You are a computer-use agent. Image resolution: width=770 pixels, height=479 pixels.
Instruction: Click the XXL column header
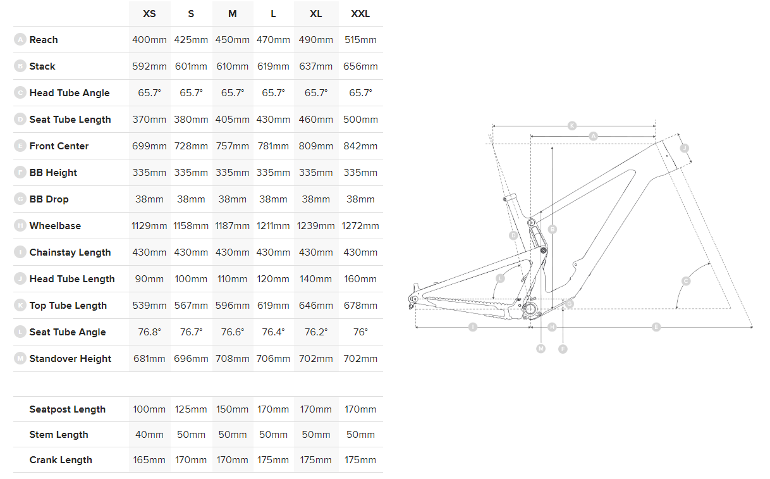click(x=360, y=13)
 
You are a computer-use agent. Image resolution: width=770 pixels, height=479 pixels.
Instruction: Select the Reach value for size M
click(x=233, y=40)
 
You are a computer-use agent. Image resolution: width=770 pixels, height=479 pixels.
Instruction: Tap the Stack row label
click(x=42, y=66)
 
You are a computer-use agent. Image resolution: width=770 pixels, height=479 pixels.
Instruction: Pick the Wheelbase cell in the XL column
click(x=316, y=226)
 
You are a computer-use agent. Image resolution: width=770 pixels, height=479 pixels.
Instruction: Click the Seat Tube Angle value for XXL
click(x=360, y=332)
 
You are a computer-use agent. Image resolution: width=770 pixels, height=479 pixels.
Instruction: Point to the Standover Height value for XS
click(x=149, y=359)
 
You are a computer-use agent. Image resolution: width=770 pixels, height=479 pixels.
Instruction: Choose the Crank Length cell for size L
click(x=273, y=460)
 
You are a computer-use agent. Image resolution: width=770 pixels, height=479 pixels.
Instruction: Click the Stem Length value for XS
click(x=149, y=435)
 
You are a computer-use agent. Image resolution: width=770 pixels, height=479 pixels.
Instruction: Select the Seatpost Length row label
click(x=67, y=409)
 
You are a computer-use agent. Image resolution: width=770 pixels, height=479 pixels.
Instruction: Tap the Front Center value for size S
click(x=191, y=146)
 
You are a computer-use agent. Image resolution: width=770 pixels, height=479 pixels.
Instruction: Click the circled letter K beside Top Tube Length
click(x=20, y=306)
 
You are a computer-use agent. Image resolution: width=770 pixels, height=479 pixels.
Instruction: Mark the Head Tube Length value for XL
click(x=316, y=279)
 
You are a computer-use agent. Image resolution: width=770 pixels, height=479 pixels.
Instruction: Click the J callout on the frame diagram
click(x=684, y=148)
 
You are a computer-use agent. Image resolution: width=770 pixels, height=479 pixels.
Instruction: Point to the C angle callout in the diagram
click(x=686, y=281)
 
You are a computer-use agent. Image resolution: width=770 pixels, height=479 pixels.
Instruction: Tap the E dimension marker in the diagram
click(x=656, y=327)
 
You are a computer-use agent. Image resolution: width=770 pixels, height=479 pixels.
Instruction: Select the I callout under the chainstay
click(x=472, y=327)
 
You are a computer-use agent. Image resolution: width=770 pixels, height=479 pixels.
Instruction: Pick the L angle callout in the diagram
click(x=500, y=278)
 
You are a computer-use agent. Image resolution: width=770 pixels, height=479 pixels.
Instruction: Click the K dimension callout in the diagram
click(x=572, y=125)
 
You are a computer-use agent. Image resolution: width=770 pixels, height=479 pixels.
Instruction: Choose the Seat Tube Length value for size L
click(x=273, y=120)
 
